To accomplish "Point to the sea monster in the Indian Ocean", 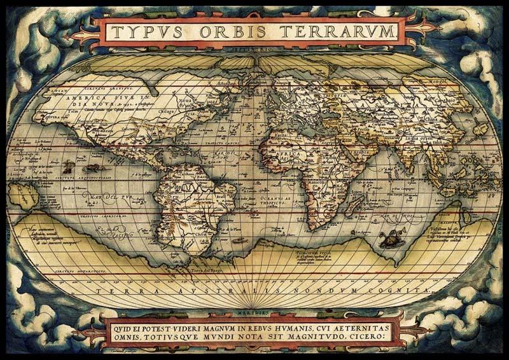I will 386,240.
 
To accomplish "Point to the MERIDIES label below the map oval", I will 254,313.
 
